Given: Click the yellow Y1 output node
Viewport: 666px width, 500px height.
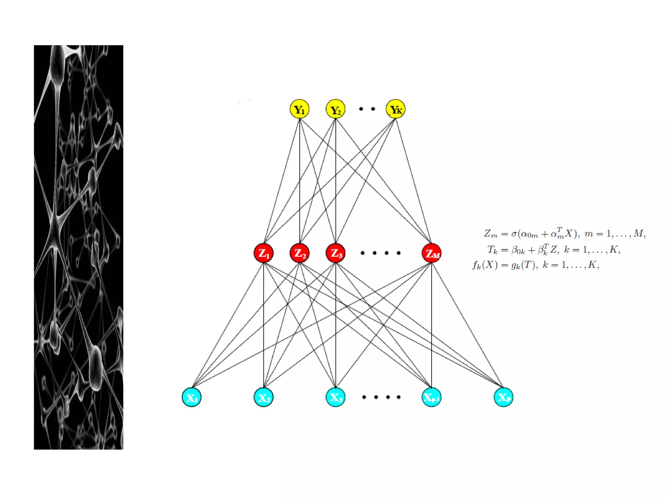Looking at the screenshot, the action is tap(299, 109).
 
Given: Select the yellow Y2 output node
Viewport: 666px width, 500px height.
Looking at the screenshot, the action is tap(335, 109).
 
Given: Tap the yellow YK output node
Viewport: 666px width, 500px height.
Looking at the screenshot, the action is tap(395, 109).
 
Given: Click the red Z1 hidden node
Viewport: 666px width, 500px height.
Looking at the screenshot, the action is tap(263, 253).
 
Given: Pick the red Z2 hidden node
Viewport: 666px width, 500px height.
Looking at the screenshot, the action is tap(300, 253).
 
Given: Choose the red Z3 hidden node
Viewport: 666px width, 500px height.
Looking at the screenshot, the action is tap(335, 253).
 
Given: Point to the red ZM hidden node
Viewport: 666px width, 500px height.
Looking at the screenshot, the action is tap(431, 253).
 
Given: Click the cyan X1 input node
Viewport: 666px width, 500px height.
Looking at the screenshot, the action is tap(192, 397).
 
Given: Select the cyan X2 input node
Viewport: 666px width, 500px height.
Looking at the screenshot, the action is tap(263, 397).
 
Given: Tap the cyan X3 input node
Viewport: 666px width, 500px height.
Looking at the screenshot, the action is tap(335, 397).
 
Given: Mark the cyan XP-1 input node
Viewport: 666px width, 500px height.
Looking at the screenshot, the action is tap(431, 397).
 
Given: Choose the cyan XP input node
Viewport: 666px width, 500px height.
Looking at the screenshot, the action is tap(503, 397).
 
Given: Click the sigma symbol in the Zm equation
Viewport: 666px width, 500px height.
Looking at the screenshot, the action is tap(514, 234).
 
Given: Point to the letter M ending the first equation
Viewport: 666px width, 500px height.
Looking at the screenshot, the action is tap(638, 233).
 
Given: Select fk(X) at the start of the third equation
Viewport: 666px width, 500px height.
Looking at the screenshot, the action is tap(485, 265).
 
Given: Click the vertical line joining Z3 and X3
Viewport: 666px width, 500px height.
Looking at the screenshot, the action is tap(336, 326).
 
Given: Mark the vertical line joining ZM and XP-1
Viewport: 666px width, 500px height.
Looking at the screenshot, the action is tap(432, 326).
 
